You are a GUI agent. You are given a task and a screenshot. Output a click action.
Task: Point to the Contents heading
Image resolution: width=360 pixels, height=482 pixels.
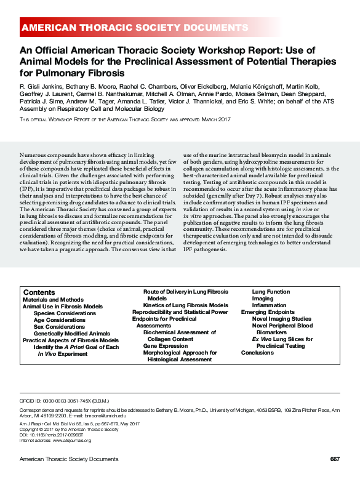[39, 292]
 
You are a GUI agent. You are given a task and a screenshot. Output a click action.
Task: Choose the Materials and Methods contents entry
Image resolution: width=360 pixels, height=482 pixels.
[53, 299]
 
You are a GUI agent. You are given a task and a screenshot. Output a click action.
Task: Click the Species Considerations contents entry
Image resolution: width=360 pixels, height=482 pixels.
[65, 313]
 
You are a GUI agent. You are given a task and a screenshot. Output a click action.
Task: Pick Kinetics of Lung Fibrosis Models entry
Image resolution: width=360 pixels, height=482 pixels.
[185, 305]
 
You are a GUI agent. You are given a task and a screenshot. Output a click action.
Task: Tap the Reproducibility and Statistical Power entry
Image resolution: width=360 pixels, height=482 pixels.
[180, 312]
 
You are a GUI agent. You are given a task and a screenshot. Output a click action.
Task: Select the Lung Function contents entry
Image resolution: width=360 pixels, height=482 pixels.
[271, 292]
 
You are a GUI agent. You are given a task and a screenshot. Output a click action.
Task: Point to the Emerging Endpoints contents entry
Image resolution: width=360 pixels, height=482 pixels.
[268, 312]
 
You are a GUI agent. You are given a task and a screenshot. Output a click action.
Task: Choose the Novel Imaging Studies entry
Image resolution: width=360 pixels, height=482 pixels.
[281, 319]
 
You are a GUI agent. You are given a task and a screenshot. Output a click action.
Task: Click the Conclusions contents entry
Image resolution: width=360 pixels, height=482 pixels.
[257, 353]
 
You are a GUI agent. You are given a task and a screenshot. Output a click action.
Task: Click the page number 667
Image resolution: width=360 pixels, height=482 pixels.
[335, 459]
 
